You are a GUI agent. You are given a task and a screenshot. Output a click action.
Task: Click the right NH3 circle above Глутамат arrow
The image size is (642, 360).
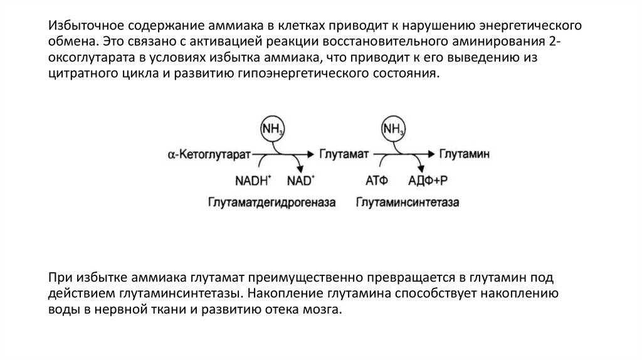coord(392,130)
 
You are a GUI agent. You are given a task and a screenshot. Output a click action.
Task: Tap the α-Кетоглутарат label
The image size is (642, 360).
coord(206,154)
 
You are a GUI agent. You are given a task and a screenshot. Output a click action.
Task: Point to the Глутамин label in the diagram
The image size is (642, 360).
coord(463,154)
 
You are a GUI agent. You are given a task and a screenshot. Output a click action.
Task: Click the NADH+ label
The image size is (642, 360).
coord(253,181)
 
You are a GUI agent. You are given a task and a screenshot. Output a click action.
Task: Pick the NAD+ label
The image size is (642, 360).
coord(300,181)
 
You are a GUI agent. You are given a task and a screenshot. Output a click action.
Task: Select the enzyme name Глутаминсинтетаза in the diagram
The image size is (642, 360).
coord(408,203)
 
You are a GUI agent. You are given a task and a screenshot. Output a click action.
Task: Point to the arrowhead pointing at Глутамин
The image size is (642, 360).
coord(431,154)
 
